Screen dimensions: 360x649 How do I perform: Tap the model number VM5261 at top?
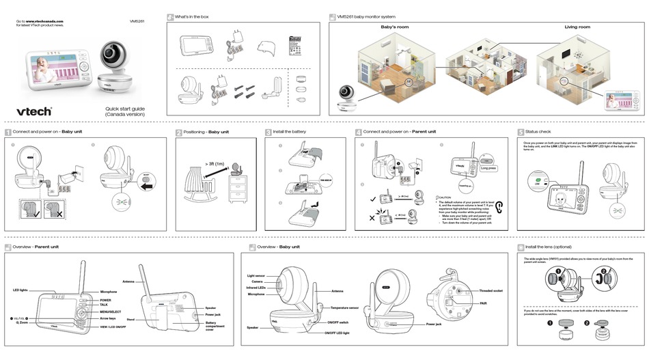pos(137,20)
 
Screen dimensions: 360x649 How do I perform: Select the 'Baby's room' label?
pos(394,27)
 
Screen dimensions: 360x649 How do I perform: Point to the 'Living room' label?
pos(577,27)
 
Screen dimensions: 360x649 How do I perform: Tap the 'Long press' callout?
pos(488,167)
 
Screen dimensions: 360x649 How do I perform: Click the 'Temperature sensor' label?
pos(345,308)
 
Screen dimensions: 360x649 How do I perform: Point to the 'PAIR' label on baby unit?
pos(482,303)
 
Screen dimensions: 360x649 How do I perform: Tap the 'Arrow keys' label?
pos(108,318)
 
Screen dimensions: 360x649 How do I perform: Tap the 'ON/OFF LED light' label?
pos(337,332)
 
